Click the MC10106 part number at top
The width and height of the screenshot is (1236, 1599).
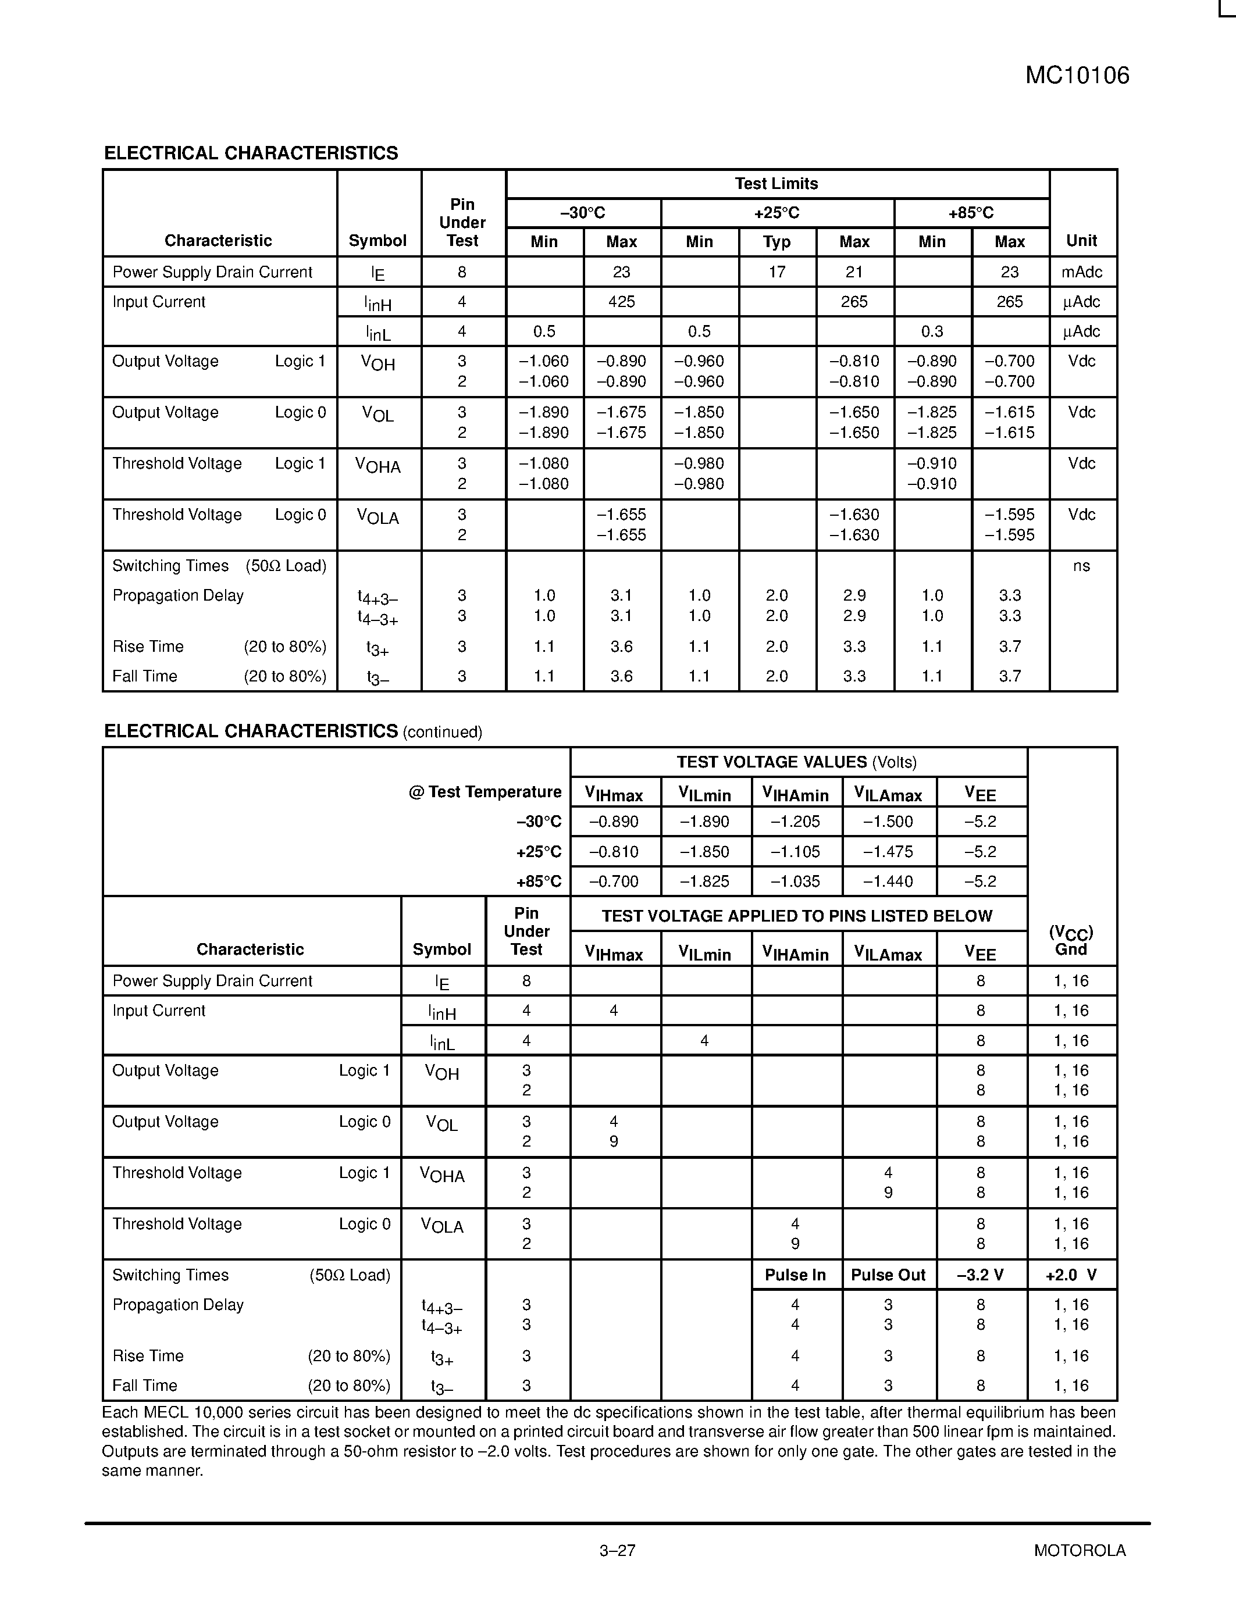click(1077, 76)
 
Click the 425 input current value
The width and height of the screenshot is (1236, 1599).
click(621, 302)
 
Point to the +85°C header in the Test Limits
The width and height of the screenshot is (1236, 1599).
click(971, 213)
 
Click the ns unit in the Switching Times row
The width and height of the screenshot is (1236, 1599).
click(1081, 566)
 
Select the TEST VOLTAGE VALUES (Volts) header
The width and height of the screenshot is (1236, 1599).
click(797, 762)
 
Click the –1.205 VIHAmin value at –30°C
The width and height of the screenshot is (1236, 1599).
click(795, 822)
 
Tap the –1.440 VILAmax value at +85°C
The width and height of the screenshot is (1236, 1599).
click(888, 881)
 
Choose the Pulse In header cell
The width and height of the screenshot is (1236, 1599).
click(795, 1275)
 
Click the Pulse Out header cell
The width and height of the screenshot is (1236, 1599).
click(888, 1275)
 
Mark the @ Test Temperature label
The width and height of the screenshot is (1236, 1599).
click(485, 792)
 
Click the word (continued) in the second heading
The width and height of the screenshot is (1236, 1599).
click(442, 732)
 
